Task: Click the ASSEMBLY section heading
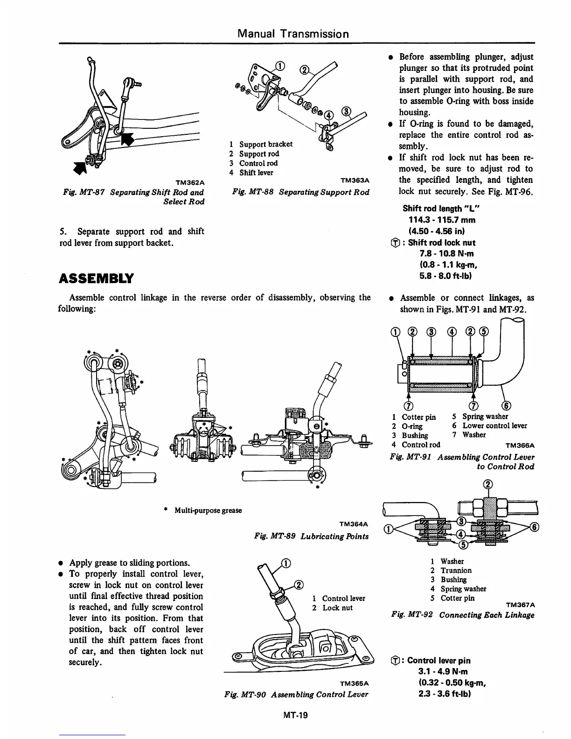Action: click(x=96, y=279)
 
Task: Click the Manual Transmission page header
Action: click(x=293, y=34)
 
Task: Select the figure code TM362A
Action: click(x=189, y=181)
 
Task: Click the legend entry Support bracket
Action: click(x=265, y=144)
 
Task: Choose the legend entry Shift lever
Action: click(x=256, y=173)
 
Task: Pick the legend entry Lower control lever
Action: click(x=494, y=425)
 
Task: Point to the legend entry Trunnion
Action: click(x=456, y=570)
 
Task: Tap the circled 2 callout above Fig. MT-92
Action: click(x=488, y=484)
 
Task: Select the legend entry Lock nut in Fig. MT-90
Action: click(x=337, y=607)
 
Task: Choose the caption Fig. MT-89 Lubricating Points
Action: click(x=311, y=536)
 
